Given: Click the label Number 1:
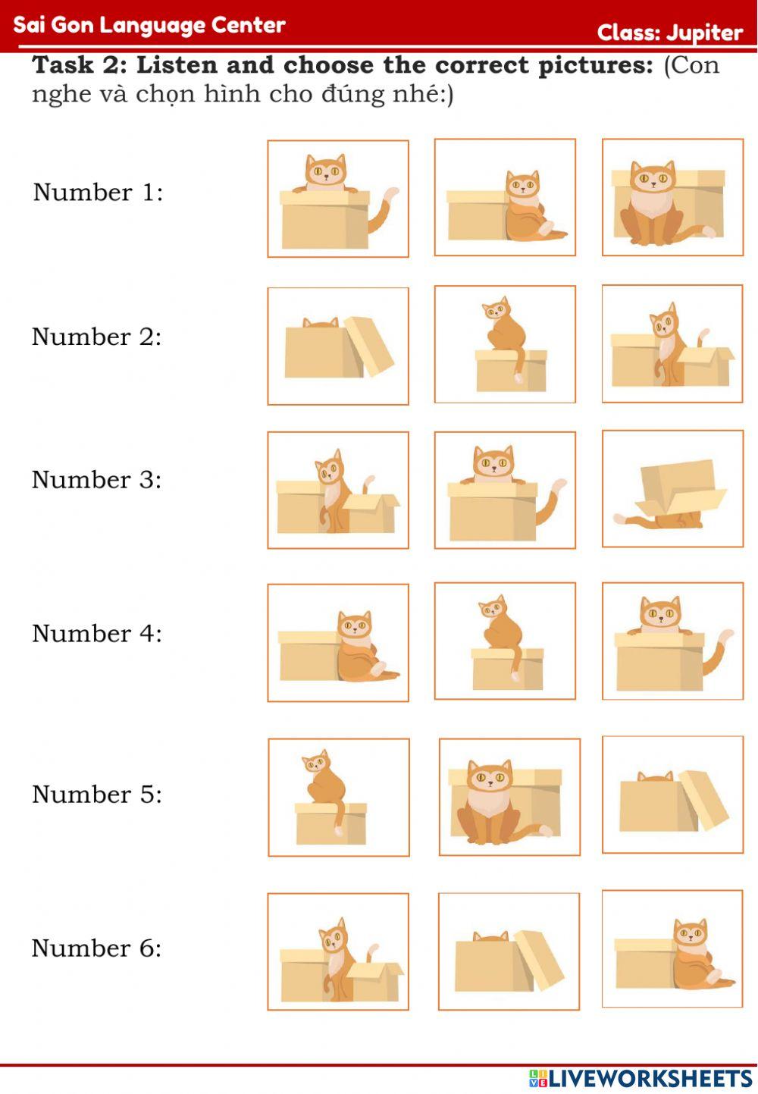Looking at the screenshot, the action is pos(98,192).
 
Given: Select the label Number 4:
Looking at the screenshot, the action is pos(97,633).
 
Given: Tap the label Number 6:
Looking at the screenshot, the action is pos(96,948).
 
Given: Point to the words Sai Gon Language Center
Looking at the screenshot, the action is pos(149,25).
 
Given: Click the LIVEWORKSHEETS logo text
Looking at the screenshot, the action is pos(649,1078).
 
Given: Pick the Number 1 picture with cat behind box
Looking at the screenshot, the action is pos(338,199).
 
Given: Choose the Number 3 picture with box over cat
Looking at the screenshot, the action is pos(672,489).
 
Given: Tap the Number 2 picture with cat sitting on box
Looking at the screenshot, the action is pos(505,344).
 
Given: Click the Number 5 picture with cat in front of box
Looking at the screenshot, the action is pos(509,797).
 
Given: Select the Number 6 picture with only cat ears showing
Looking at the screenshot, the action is pos(509,951).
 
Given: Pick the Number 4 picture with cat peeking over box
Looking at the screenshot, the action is pos(672,641).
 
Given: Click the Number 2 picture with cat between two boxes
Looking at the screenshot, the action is pos(672,344).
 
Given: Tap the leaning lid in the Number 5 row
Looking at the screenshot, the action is pos(703,801).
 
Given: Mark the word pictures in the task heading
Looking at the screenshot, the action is pos(595,65).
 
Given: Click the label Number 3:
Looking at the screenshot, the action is pos(96,479).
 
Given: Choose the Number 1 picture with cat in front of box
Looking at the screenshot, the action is pos(672,197).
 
